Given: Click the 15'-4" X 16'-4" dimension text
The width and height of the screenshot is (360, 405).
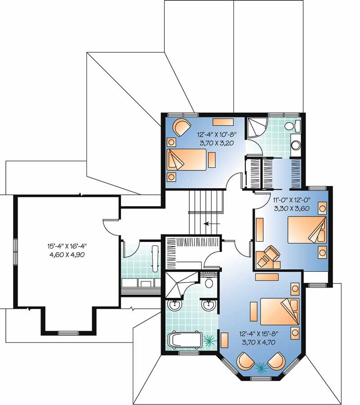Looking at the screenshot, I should (x=67, y=246).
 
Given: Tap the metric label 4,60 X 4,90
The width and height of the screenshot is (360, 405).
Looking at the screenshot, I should (x=67, y=254).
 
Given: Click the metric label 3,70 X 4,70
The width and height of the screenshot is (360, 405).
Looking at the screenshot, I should (x=260, y=342).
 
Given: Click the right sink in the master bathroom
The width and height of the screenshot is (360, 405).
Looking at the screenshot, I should (x=208, y=306).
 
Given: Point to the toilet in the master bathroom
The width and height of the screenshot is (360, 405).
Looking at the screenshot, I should (x=208, y=283).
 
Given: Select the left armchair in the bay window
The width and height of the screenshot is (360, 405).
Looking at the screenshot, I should (x=245, y=361).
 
